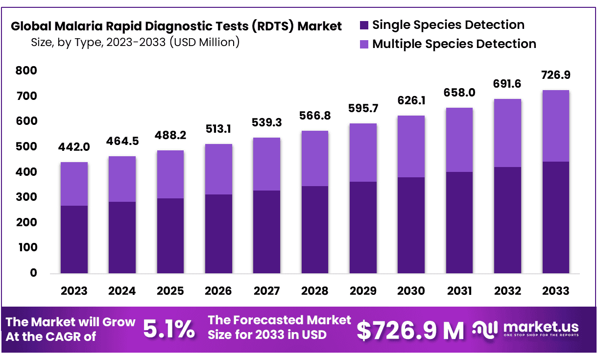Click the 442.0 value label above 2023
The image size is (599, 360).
click(x=74, y=147)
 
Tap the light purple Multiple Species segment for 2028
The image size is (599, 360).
click(x=314, y=158)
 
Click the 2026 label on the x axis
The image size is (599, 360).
click(x=218, y=291)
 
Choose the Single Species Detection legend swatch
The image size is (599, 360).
click(x=364, y=25)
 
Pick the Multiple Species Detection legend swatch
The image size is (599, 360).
click(x=364, y=44)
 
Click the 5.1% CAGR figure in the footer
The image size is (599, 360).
click(x=168, y=330)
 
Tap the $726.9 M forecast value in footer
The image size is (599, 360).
click(x=410, y=331)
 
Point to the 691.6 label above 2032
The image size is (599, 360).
click(x=507, y=84)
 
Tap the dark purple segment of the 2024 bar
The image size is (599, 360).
click(x=122, y=237)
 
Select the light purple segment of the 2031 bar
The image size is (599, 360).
click(x=459, y=140)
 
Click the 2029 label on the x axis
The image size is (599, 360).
click(x=363, y=291)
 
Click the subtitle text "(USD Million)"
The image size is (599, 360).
click(x=204, y=42)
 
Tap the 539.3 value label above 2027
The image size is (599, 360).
click(x=266, y=122)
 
